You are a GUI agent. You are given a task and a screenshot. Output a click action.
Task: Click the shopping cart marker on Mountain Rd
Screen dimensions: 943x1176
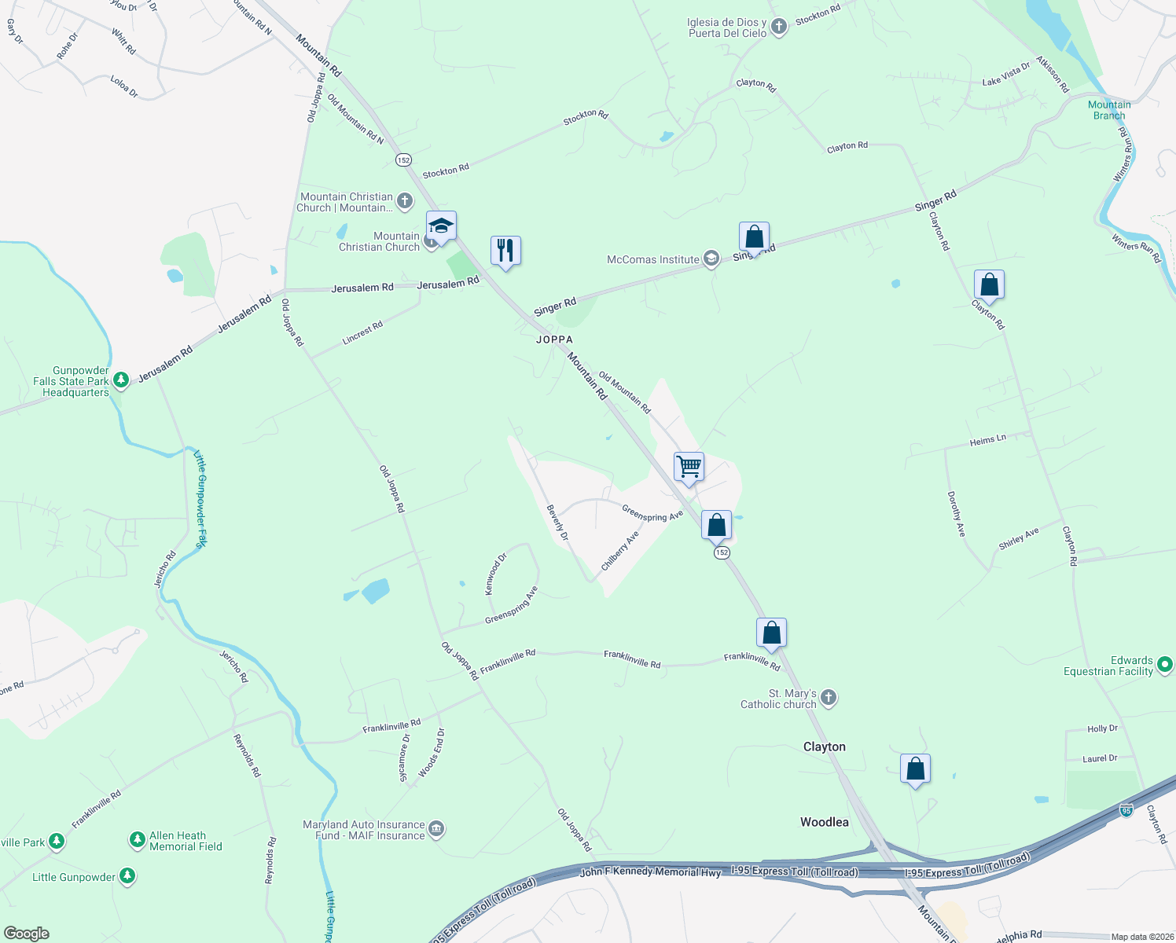click(x=689, y=467)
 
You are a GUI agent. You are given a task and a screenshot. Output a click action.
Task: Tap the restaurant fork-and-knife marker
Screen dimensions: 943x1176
click(x=505, y=251)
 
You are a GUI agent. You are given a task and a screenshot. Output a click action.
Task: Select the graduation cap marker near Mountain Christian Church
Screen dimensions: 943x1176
click(x=441, y=226)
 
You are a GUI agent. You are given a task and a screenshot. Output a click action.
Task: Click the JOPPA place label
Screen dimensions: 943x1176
click(x=554, y=339)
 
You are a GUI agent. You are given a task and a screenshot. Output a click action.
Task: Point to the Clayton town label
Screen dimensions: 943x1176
click(x=824, y=747)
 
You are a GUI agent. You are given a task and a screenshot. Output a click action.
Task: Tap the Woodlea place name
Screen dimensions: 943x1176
click(x=824, y=822)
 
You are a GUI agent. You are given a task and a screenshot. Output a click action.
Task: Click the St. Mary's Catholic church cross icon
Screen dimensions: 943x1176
click(x=829, y=698)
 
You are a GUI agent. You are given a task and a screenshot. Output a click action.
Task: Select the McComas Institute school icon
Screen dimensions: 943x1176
click(x=711, y=259)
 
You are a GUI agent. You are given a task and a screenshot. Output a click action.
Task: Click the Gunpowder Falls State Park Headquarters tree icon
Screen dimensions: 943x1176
click(x=120, y=381)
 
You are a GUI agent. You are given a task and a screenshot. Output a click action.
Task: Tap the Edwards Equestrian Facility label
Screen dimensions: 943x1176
click(x=1108, y=666)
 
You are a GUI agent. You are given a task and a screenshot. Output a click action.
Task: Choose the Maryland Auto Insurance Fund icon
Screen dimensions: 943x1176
click(x=436, y=829)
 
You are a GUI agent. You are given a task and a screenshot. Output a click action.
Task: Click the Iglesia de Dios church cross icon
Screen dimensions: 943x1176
click(x=778, y=28)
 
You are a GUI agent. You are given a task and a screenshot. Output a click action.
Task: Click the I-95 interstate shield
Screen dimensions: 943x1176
click(x=1126, y=809)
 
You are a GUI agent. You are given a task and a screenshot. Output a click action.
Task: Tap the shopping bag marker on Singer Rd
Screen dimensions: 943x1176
click(x=754, y=237)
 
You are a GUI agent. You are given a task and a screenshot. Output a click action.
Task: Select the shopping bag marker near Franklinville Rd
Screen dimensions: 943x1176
click(x=771, y=633)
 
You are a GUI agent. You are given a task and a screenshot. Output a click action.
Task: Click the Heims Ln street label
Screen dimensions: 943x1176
click(x=987, y=441)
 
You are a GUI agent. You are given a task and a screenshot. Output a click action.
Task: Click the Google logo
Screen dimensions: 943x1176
click(x=26, y=934)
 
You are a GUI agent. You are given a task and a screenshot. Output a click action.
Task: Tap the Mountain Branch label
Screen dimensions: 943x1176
click(x=1109, y=110)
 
